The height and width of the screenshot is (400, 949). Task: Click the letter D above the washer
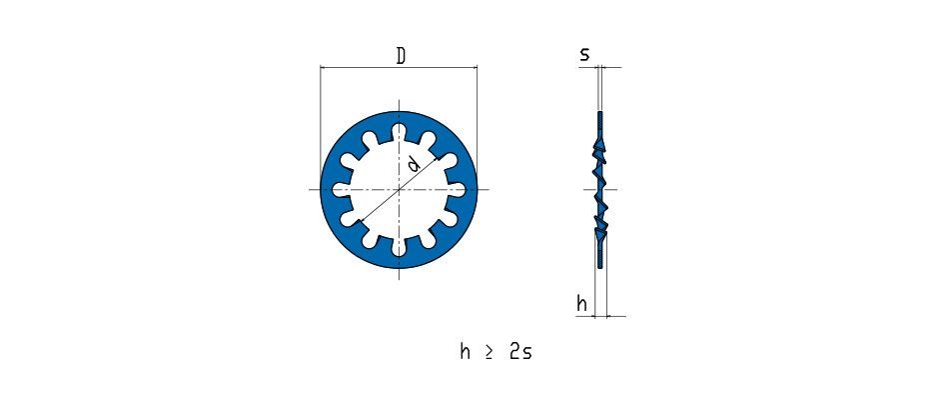(x=401, y=56)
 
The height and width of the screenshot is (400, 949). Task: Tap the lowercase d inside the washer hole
(x=413, y=164)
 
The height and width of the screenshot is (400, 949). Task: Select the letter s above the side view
(x=584, y=55)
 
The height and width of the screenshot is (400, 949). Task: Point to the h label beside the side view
(x=582, y=304)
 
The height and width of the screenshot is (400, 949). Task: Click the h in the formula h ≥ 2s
(x=465, y=351)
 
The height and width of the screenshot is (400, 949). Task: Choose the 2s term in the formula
(x=520, y=352)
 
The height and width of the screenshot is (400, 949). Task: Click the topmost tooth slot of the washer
(x=399, y=133)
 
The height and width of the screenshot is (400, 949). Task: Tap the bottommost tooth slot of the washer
(x=399, y=246)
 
